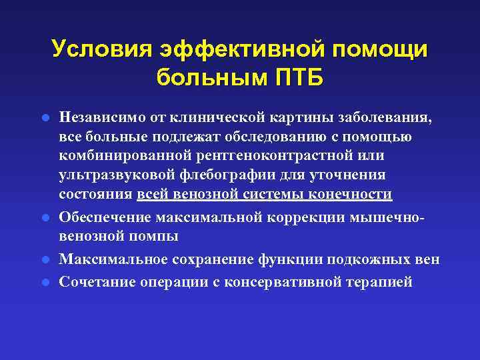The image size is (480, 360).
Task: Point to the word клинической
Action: (x=213, y=117)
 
